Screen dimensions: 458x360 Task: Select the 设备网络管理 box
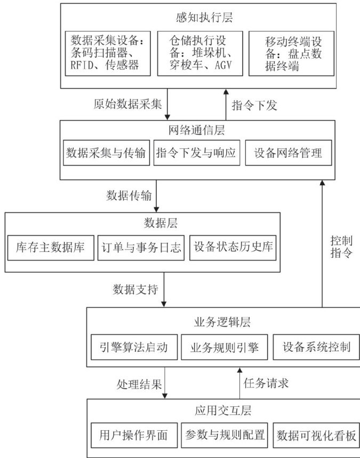[288, 153]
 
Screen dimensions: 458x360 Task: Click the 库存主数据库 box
[51, 247]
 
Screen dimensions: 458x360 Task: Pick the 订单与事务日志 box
[141, 247]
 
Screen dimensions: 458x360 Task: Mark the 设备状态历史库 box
[233, 247]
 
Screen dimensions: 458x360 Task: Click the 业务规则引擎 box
[224, 348]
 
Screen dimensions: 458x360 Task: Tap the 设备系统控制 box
[312, 348]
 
